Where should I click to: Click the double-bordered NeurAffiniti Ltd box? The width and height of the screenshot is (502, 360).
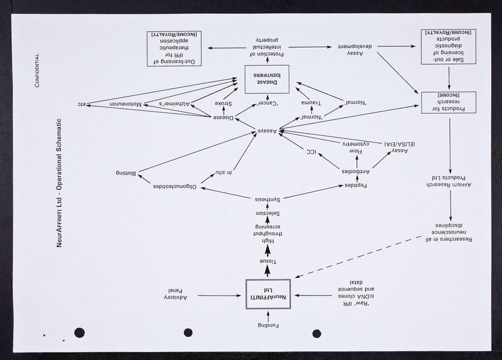pos(267,295)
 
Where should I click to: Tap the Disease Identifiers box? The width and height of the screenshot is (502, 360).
pos(267,79)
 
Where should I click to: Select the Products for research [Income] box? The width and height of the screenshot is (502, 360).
pos(449,104)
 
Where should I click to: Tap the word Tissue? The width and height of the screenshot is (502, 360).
pos(267,260)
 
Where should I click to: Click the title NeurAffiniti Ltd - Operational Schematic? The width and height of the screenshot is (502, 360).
pos(60,182)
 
